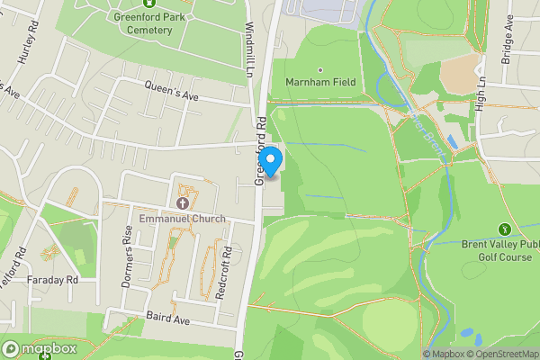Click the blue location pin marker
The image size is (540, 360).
[271, 158]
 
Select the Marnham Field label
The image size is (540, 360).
[320, 82]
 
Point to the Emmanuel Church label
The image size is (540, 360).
[183, 219]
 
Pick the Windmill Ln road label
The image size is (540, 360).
[248, 49]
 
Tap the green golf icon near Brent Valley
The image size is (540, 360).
[502, 229]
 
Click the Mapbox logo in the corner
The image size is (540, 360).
[39, 348]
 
